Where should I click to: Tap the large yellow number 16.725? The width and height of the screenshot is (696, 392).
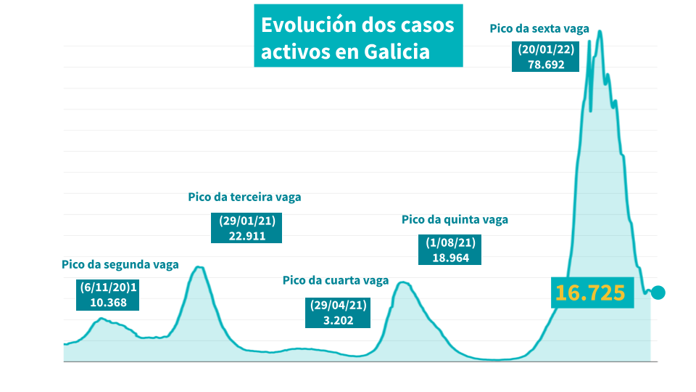tap(590, 293)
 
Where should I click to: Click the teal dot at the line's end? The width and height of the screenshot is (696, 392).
tap(658, 293)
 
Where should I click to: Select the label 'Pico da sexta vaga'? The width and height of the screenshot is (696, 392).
tap(539, 29)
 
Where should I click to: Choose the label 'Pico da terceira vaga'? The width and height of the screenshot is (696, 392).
tap(244, 197)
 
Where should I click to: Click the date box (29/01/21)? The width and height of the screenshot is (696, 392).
tap(246, 221)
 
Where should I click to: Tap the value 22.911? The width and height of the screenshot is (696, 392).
tap(246, 235)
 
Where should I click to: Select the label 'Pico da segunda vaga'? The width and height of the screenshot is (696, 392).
tap(120, 264)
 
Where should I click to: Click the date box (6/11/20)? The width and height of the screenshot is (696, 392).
tap(107, 288)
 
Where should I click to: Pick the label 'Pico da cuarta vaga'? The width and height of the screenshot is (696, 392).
tap(336, 280)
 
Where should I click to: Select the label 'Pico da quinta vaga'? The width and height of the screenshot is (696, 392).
tap(455, 219)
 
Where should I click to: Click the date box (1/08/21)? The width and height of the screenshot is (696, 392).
tap(449, 243)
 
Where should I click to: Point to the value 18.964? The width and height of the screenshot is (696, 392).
tap(450, 257)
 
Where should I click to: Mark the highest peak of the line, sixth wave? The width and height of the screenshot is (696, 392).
tap(599, 31)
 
